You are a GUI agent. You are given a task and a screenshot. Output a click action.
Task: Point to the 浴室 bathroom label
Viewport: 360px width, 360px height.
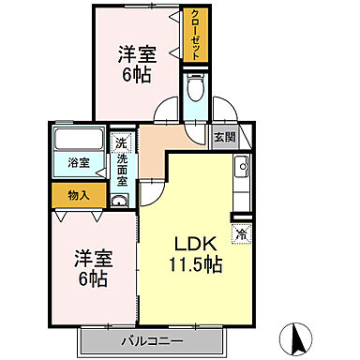click(79, 163)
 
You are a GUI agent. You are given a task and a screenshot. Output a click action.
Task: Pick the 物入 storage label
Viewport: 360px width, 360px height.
click(79, 195)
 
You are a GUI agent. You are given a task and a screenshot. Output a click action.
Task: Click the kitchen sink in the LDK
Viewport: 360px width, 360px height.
click(241, 171)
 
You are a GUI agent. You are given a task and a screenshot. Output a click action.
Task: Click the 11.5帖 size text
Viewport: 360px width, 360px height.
click(195, 265)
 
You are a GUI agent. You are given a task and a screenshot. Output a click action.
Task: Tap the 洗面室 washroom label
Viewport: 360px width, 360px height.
click(122, 169)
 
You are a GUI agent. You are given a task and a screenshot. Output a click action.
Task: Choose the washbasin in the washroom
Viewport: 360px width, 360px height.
click(120, 200)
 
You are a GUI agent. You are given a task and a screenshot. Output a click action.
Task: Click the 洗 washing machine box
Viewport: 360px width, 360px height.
click(120, 144)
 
